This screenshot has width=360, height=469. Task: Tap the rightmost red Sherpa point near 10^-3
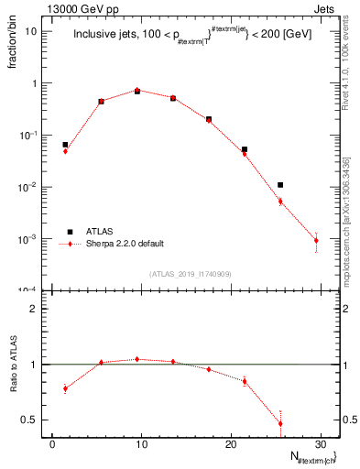[316, 241]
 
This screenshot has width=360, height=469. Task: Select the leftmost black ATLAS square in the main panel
[65, 145]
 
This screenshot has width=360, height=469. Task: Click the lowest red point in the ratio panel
[280, 423]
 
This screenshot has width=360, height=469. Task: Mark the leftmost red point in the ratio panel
[65, 388]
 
